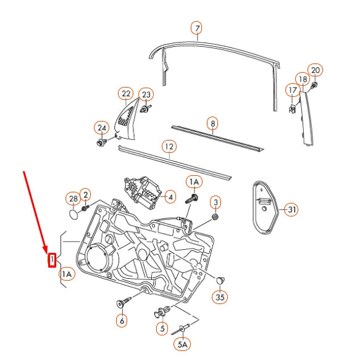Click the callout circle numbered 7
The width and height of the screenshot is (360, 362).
point(196,29)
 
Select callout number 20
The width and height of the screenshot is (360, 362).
point(315,70)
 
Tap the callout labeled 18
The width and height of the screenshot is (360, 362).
point(303,79)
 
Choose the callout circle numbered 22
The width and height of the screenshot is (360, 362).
point(126,94)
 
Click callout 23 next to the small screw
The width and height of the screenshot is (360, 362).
point(146,94)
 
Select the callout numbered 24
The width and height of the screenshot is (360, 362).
point(101,128)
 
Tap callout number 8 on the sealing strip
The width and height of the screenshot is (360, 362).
point(212,123)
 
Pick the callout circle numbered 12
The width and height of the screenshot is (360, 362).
point(169,147)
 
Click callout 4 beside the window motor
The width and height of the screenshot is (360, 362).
point(170,197)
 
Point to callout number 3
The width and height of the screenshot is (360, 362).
point(216,202)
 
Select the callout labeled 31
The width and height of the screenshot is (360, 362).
point(291,210)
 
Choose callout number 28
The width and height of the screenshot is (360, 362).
point(73,199)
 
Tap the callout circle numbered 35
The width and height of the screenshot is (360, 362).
point(220,297)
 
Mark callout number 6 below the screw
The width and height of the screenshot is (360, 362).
point(122,320)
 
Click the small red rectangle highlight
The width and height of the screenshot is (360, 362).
point(52,260)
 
